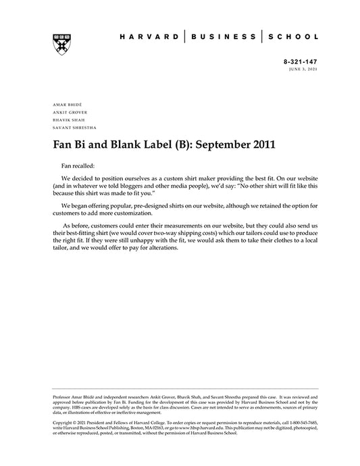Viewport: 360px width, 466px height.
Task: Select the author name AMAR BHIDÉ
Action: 66,105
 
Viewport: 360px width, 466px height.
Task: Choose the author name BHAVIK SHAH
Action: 67,120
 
